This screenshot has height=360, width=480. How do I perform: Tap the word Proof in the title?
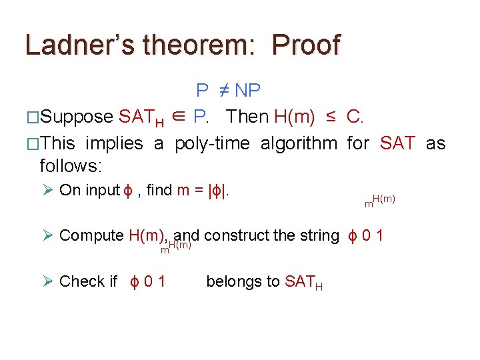(x=307, y=45)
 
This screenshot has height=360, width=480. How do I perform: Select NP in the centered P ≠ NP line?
(x=247, y=90)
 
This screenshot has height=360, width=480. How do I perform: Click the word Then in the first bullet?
(x=247, y=117)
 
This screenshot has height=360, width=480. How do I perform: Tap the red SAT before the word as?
(x=398, y=143)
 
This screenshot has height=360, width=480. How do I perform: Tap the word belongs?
(x=234, y=281)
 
